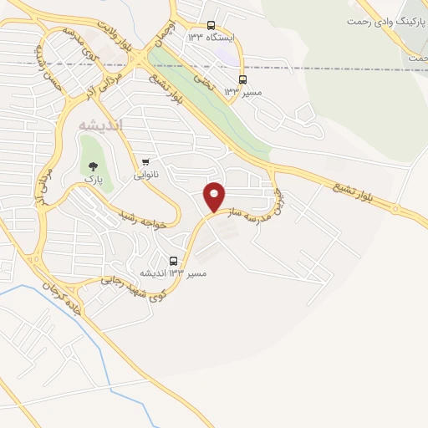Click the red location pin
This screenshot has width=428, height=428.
click(215, 196)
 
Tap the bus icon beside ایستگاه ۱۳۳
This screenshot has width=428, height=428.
click(210, 25)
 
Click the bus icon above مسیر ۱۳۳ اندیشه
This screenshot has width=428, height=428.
click(174, 260)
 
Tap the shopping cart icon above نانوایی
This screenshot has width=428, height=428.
click(145, 161)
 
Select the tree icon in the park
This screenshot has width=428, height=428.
click(93, 166)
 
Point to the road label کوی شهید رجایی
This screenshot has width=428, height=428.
click(133, 289)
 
